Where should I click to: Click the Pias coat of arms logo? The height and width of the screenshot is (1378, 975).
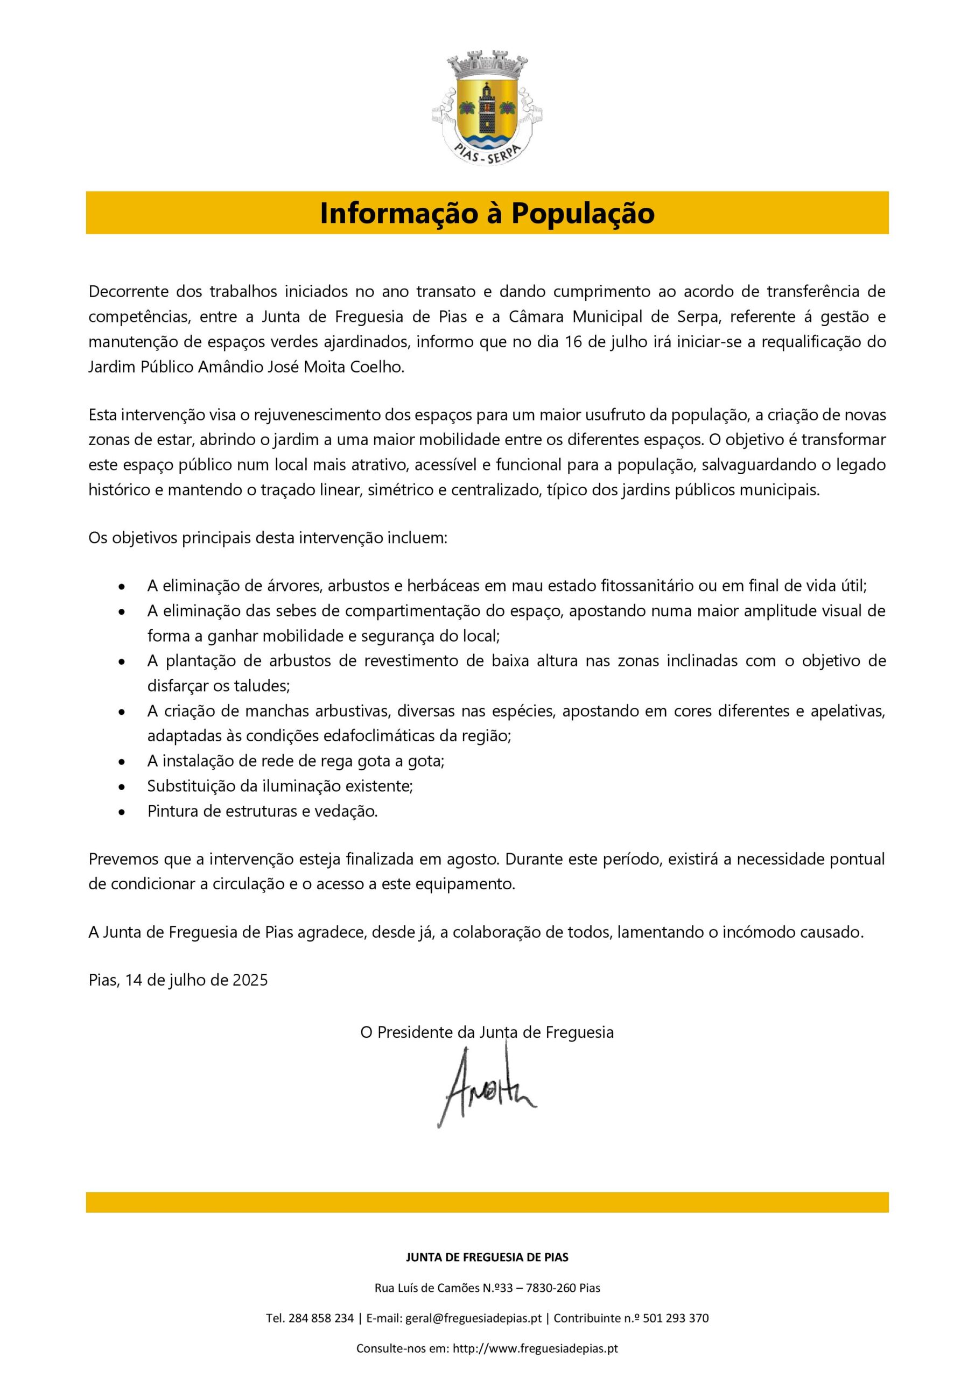pyautogui.click(x=487, y=108)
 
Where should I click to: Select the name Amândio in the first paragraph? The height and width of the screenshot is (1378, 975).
pyautogui.click(x=226, y=367)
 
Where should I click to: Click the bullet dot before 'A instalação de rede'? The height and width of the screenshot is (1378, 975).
pyautogui.click(x=122, y=762)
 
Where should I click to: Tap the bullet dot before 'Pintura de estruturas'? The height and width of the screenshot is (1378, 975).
pyautogui.click(x=122, y=813)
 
